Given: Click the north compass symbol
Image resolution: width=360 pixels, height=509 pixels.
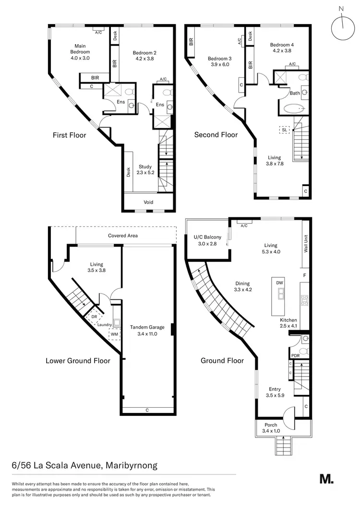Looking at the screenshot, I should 341,22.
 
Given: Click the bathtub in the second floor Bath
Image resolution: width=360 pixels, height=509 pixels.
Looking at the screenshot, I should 294,109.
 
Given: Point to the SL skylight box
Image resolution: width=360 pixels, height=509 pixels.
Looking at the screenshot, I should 285,129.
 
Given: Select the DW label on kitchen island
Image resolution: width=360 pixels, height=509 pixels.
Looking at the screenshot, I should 280,283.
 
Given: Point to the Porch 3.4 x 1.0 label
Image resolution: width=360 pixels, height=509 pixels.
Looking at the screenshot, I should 272,428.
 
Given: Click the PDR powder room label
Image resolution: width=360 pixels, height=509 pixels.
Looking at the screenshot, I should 296,355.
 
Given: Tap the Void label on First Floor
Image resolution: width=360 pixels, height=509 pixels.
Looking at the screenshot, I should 149,202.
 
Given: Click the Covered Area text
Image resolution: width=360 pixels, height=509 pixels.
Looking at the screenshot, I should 123,236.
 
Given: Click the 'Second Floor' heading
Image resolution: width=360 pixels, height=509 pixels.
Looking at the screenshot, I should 216,135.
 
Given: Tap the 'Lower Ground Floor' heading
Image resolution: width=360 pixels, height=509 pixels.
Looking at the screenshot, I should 78,361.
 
